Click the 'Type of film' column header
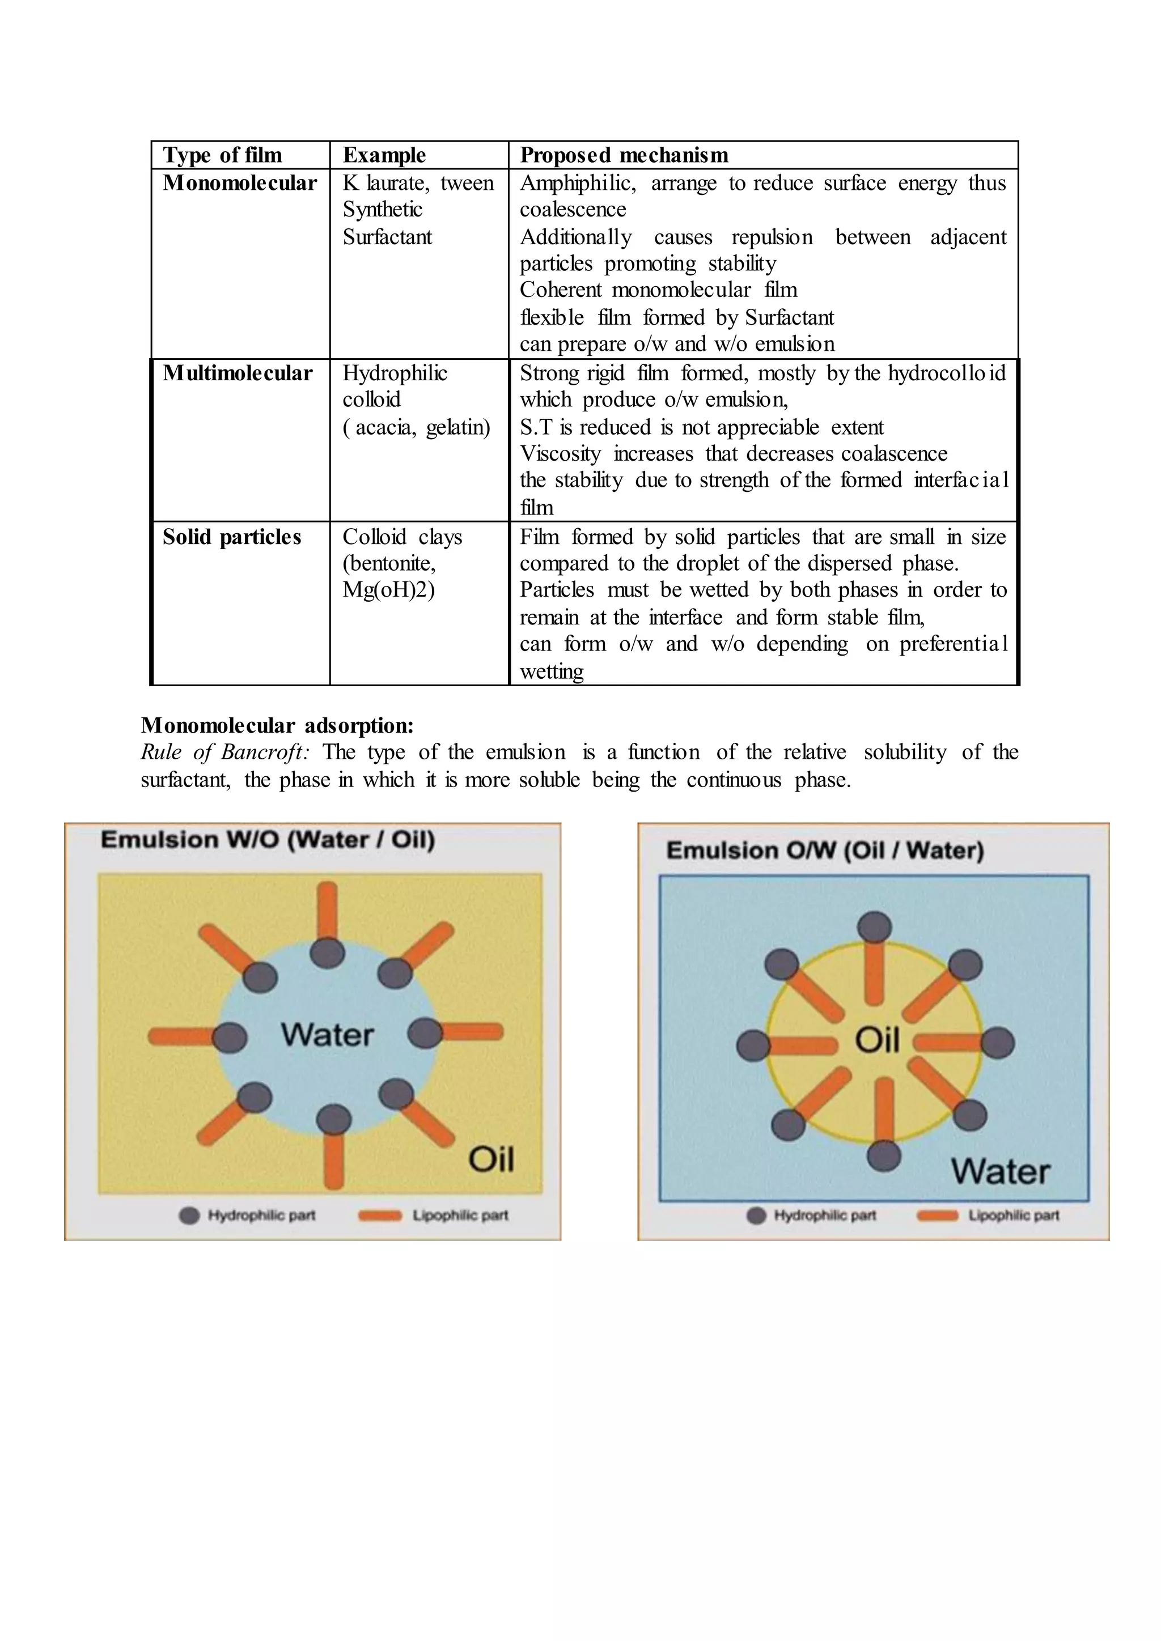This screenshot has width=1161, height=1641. point(222,155)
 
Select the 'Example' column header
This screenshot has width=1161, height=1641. point(384,155)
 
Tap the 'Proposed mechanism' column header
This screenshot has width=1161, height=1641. point(624,155)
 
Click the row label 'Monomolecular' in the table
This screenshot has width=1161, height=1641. point(239,183)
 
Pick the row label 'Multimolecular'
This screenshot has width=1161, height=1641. point(238,373)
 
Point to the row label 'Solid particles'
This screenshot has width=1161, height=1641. point(232,537)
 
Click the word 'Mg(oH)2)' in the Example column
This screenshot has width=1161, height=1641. point(388,590)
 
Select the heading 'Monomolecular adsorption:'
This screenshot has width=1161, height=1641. point(277,725)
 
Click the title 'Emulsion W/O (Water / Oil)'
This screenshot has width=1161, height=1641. point(268,839)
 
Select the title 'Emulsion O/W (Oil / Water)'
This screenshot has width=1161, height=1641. point(825,851)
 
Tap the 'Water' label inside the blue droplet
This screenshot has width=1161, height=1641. point(327,1035)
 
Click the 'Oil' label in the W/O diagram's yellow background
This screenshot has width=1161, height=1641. point(491,1159)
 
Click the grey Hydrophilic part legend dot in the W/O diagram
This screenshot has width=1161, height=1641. point(189,1216)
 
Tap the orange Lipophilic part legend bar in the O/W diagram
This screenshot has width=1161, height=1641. point(937,1216)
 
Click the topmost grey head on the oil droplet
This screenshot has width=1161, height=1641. point(874,927)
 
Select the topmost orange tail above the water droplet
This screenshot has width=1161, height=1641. point(328,911)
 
